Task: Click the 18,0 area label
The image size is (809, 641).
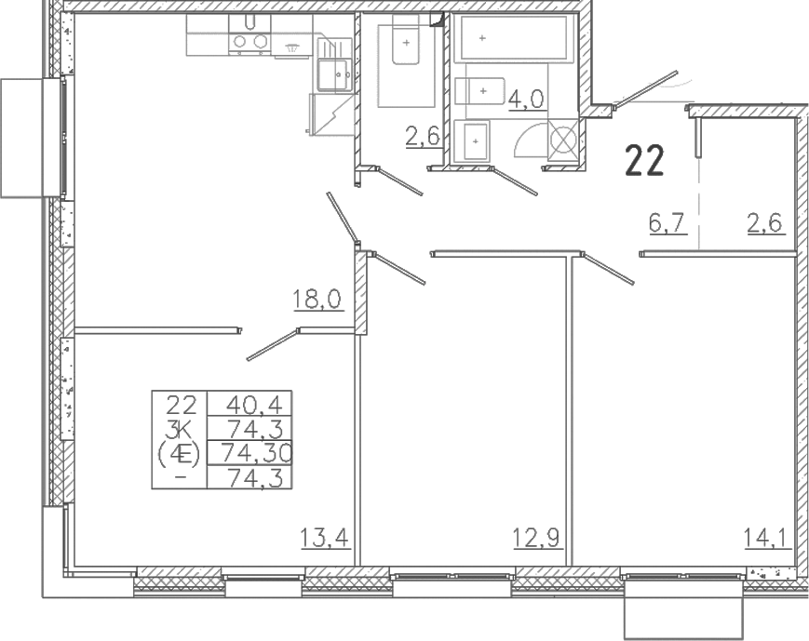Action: (317, 299)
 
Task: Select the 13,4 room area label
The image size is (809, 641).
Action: (325, 539)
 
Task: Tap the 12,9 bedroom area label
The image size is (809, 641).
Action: (537, 539)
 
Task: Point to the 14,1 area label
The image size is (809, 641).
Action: (767, 539)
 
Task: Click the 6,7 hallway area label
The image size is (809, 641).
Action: (667, 224)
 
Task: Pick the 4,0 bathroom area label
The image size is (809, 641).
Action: (526, 99)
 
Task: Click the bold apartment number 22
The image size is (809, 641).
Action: (644, 160)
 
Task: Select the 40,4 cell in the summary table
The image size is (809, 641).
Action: (254, 406)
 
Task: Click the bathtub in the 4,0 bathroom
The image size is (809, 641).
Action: (517, 38)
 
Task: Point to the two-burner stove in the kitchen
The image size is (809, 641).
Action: (249, 41)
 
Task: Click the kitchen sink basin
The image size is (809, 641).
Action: (334, 75)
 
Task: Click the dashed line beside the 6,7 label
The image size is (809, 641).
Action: (699, 204)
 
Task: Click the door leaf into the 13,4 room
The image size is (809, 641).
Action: (274, 344)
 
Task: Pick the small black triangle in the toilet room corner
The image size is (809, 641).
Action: (437, 19)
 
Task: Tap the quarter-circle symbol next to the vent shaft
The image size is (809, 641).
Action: (529, 140)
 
